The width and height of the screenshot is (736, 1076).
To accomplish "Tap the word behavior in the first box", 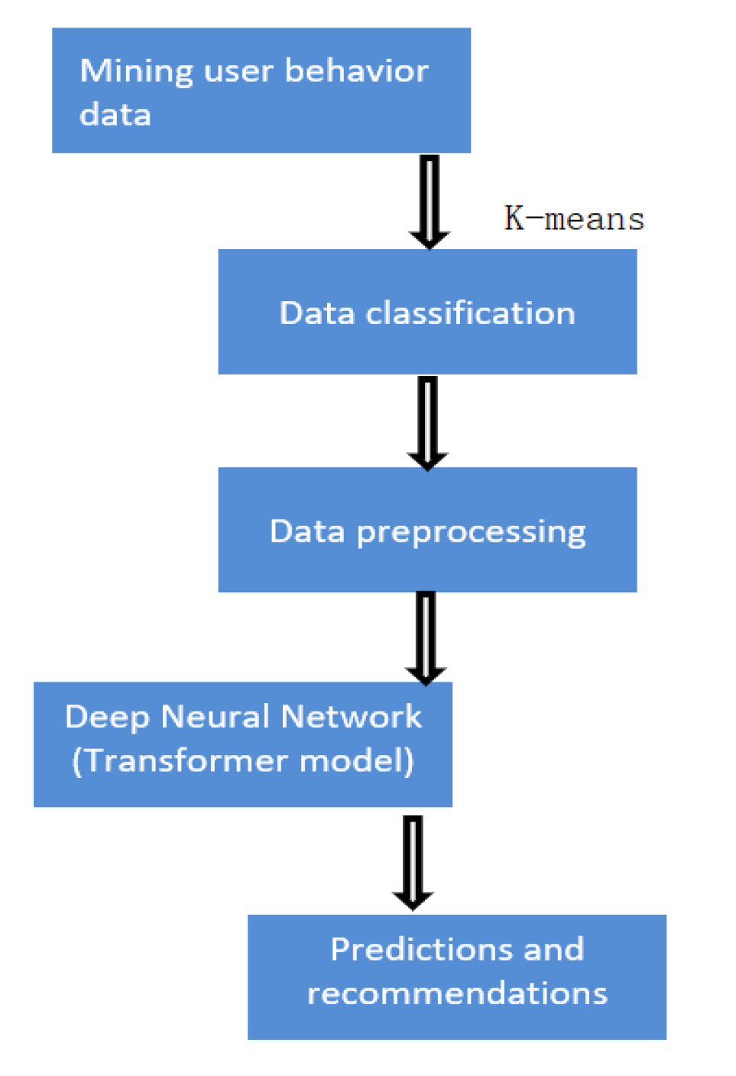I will coord(356,71).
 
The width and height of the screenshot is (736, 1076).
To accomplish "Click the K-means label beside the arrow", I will coord(574,219).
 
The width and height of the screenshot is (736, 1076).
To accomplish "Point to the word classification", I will coord(470,313).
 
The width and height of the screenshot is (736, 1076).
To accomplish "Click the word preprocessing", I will coord(471,533).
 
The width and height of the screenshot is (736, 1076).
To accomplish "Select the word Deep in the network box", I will coord(107,718).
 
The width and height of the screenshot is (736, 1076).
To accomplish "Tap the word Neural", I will coord(216,717).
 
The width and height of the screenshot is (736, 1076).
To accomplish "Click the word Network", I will coord(351,717).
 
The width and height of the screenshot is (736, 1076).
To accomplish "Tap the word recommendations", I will coord(457,994).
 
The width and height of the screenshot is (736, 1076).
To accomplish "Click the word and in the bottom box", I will coord(553,950).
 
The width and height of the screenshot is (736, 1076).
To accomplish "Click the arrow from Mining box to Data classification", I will coord(430,202).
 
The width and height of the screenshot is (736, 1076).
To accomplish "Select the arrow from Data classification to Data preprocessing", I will coord(428,423).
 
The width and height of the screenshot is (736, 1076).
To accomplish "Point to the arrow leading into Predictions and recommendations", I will coord(413,862).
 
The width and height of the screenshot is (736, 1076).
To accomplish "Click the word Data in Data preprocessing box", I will coord(307,532).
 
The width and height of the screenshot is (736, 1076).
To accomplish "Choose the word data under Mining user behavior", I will coord(115,115).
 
